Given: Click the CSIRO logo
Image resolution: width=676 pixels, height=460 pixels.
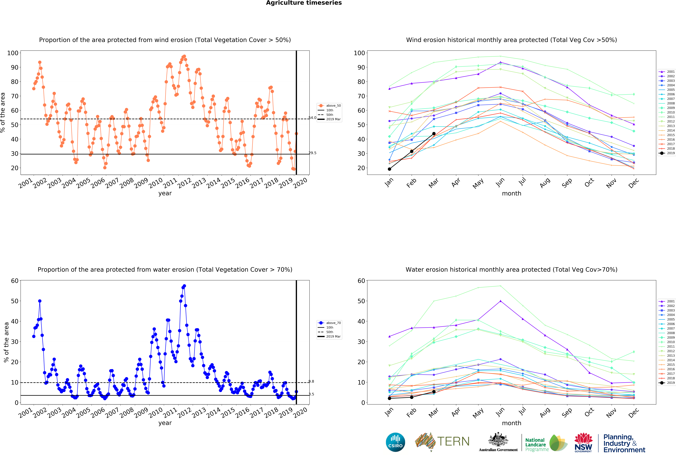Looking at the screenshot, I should coord(395,442).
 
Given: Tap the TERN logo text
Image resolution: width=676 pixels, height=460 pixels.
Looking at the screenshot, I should coord(453,441).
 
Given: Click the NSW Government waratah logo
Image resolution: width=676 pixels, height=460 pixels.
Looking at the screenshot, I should coord(583,442).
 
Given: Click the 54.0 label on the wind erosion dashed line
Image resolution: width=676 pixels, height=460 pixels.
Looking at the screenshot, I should coord(312,118).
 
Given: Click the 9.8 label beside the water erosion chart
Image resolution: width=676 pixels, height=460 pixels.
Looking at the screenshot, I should coord(311,381).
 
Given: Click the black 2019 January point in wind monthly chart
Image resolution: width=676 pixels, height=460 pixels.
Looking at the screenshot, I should coord(389,169).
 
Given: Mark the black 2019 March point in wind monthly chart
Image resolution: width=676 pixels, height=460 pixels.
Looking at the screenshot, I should coord(434,134).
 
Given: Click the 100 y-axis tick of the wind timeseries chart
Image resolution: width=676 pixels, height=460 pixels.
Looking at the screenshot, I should coord(13,53).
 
